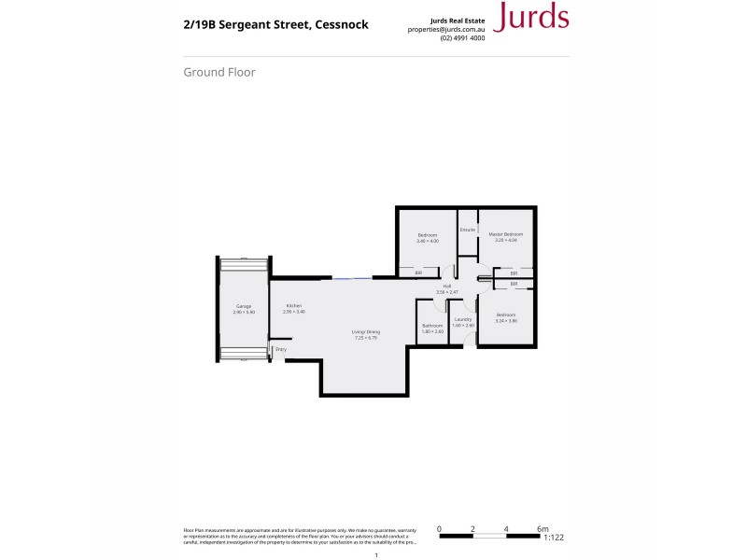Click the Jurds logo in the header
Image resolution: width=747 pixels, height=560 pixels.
tap(529, 17)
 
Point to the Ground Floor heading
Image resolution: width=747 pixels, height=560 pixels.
tap(219, 72)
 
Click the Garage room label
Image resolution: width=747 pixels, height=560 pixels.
tap(244, 307)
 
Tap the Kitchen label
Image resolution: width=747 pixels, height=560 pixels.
tap(294, 307)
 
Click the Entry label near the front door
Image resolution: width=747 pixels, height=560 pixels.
tap(281, 349)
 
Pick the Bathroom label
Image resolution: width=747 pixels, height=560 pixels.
tap(431, 326)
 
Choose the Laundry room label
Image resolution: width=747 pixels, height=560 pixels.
tap(463, 320)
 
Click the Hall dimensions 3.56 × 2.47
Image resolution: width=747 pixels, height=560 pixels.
tap(447, 292)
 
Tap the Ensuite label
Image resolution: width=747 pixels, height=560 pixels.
tap(468, 230)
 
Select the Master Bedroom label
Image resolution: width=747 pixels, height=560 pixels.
tap(505, 234)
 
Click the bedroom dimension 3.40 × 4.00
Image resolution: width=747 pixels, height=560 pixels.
tap(428, 241)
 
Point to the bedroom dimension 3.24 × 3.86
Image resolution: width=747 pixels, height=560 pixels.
tap(505, 321)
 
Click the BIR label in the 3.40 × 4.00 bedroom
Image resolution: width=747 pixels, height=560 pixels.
tap(406, 273)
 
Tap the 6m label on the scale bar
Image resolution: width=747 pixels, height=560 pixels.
tap(543, 528)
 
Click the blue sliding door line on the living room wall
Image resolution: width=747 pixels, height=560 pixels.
tap(345, 277)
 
